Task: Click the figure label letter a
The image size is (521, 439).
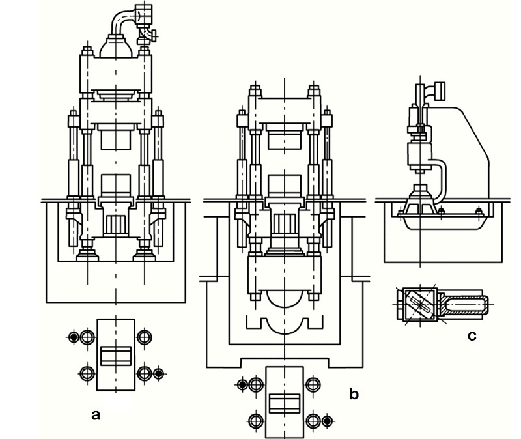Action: [x=96, y=415]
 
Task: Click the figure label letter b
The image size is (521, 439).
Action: [x=354, y=394]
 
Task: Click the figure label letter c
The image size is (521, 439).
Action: [x=472, y=336]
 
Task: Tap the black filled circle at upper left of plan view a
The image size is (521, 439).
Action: [x=74, y=337]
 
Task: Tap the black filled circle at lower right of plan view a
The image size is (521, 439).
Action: [x=159, y=373]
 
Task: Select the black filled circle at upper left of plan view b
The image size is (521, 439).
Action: [x=243, y=385]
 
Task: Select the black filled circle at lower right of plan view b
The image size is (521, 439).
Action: [x=328, y=421]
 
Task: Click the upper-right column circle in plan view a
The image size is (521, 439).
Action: [x=145, y=337]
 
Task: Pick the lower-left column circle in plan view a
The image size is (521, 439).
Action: [x=87, y=373]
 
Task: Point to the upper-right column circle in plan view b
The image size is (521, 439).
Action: [x=313, y=385]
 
